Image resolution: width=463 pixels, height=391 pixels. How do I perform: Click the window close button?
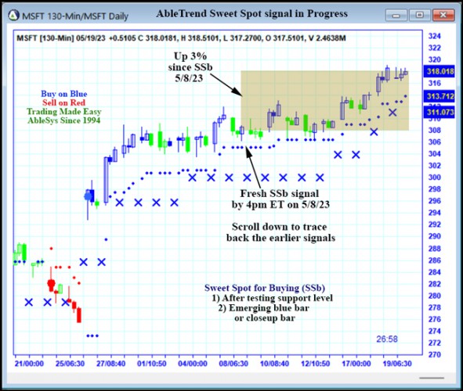coord(440,14)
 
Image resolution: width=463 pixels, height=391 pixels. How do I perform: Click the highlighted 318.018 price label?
coord(438,71)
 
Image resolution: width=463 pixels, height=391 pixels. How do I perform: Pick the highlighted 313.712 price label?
coord(438,97)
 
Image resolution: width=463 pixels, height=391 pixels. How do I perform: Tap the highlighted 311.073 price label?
coord(438,113)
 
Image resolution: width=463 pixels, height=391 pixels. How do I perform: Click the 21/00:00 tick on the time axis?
coord(29,364)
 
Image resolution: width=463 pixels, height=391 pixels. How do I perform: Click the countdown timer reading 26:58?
coord(388,339)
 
